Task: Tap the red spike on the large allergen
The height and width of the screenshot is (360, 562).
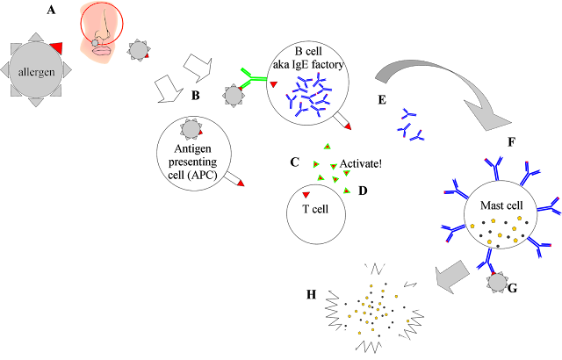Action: pyautogui.click(x=57, y=47)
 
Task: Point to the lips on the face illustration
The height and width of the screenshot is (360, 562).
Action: pyautogui.click(x=101, y=49)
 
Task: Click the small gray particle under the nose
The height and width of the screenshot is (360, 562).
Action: pyautogui.click(x=95, y=42)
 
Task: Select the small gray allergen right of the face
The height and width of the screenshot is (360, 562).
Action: pyautogui.click(x=138, y=50)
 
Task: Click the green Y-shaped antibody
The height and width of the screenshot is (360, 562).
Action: pyautogui.click(x=253, y=79)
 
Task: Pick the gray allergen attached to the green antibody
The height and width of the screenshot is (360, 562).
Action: pyautogui.click(x=233, y=95)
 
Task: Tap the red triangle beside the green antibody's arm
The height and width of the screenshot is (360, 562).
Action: pyautogui.click(x=273, y=84)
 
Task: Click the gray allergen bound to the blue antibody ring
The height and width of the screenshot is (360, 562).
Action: pyautogui.click(x=498, y=282)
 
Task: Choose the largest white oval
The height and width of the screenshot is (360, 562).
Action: pyautogui.click(x=349, y=277)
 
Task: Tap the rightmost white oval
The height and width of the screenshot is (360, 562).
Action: pyautogui.click(x=419, y=299)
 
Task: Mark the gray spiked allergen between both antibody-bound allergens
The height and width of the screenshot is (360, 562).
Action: pyautogui.click(x=191, y=129)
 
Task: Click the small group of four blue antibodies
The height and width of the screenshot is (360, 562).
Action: pyautogui.click(x=409, y=126)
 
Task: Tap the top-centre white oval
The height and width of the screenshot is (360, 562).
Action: pyautogui.click(x=398, y=270)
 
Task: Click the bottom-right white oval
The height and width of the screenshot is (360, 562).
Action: pyautogui.click(x=399, y=348)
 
